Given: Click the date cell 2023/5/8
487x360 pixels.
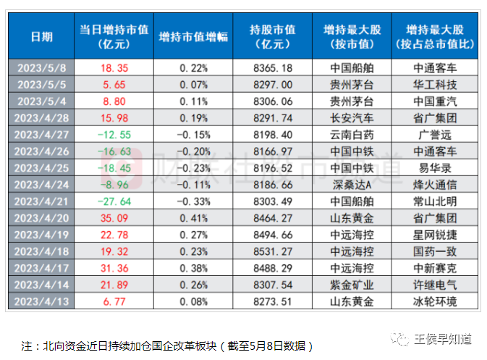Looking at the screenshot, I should [x=41, y=67].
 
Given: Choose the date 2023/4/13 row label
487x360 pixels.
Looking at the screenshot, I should [x=41, y=301].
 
